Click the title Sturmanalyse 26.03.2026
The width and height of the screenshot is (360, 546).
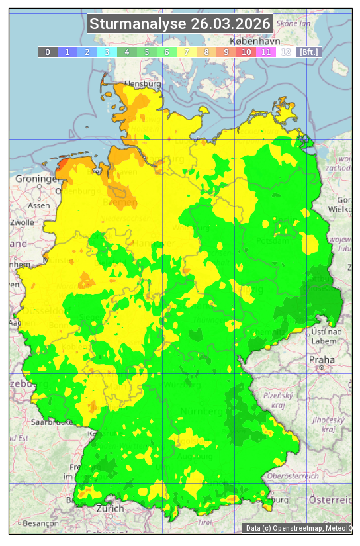[x=180, y=24]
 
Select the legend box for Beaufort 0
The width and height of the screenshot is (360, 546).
[x=47, y=52]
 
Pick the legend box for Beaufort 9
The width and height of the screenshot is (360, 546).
[x=226, y=52]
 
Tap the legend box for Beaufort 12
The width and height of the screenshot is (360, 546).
[x=285, y=52]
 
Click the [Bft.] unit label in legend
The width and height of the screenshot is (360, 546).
[x=308, y=52]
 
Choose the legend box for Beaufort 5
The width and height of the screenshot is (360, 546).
[x=146, y=52]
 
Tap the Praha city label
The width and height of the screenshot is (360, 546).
[x=321, y=360]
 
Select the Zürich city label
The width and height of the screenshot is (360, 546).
[x=110, y=508]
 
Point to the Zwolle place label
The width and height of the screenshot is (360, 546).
[x=22, y=222]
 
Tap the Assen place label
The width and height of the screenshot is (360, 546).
[x=39, y=205]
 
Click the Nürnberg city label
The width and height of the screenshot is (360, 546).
[x=201, y=412]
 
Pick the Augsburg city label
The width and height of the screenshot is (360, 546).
[x=197, y=457]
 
